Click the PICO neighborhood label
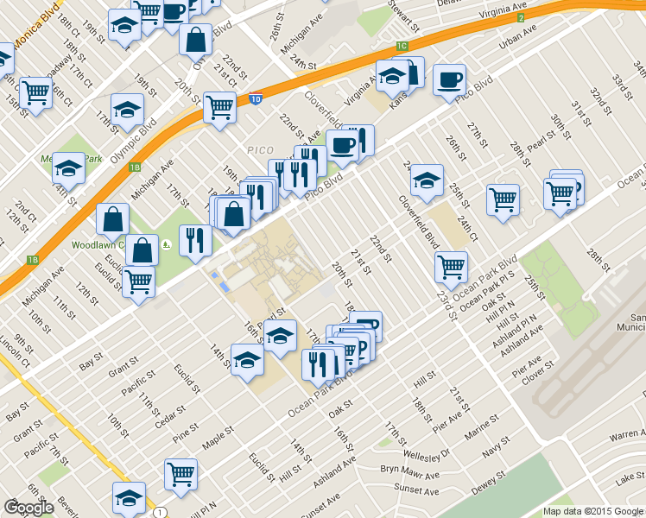click(260, 149)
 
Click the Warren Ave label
click(627, 434)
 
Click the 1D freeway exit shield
click(256, 99)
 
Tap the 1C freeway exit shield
click(402, 45)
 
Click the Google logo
click(28, 508)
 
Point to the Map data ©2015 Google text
click(592, 511)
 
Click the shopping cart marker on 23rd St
click(451, 269)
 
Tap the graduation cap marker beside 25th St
click(427, 182)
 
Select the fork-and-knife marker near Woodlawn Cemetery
click(195, 241)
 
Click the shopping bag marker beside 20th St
click(196, 41)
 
